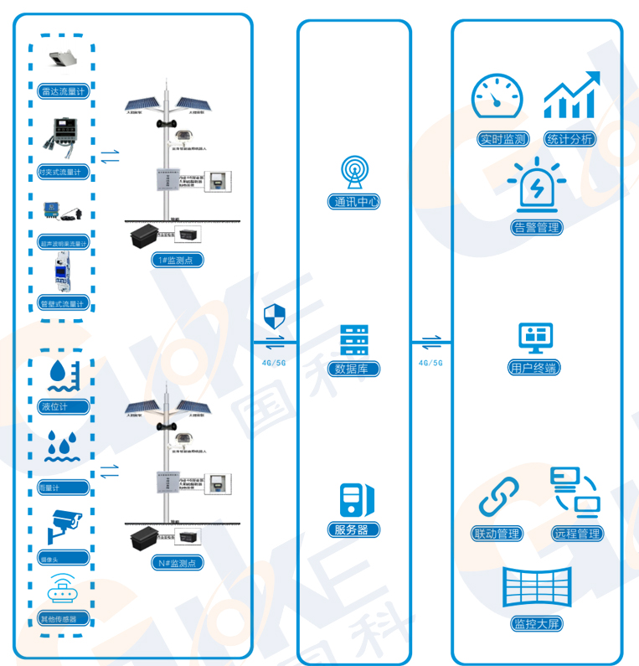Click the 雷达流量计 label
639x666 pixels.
[64, 91]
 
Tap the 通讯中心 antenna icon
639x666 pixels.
[354, 172]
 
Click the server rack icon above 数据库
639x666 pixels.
[354, 340]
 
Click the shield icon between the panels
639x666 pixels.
[275, 317]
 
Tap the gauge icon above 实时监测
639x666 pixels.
[497, 98]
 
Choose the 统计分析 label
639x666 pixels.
[569, 139]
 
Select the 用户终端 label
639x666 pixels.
[534, 368]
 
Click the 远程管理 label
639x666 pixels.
[576, 534]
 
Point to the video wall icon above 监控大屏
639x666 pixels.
[535, 587]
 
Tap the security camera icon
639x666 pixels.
[64, 524]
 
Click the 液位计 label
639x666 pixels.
[53, 407]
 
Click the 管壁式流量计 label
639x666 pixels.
[64, 303]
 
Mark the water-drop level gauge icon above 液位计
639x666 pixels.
[64, 375]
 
